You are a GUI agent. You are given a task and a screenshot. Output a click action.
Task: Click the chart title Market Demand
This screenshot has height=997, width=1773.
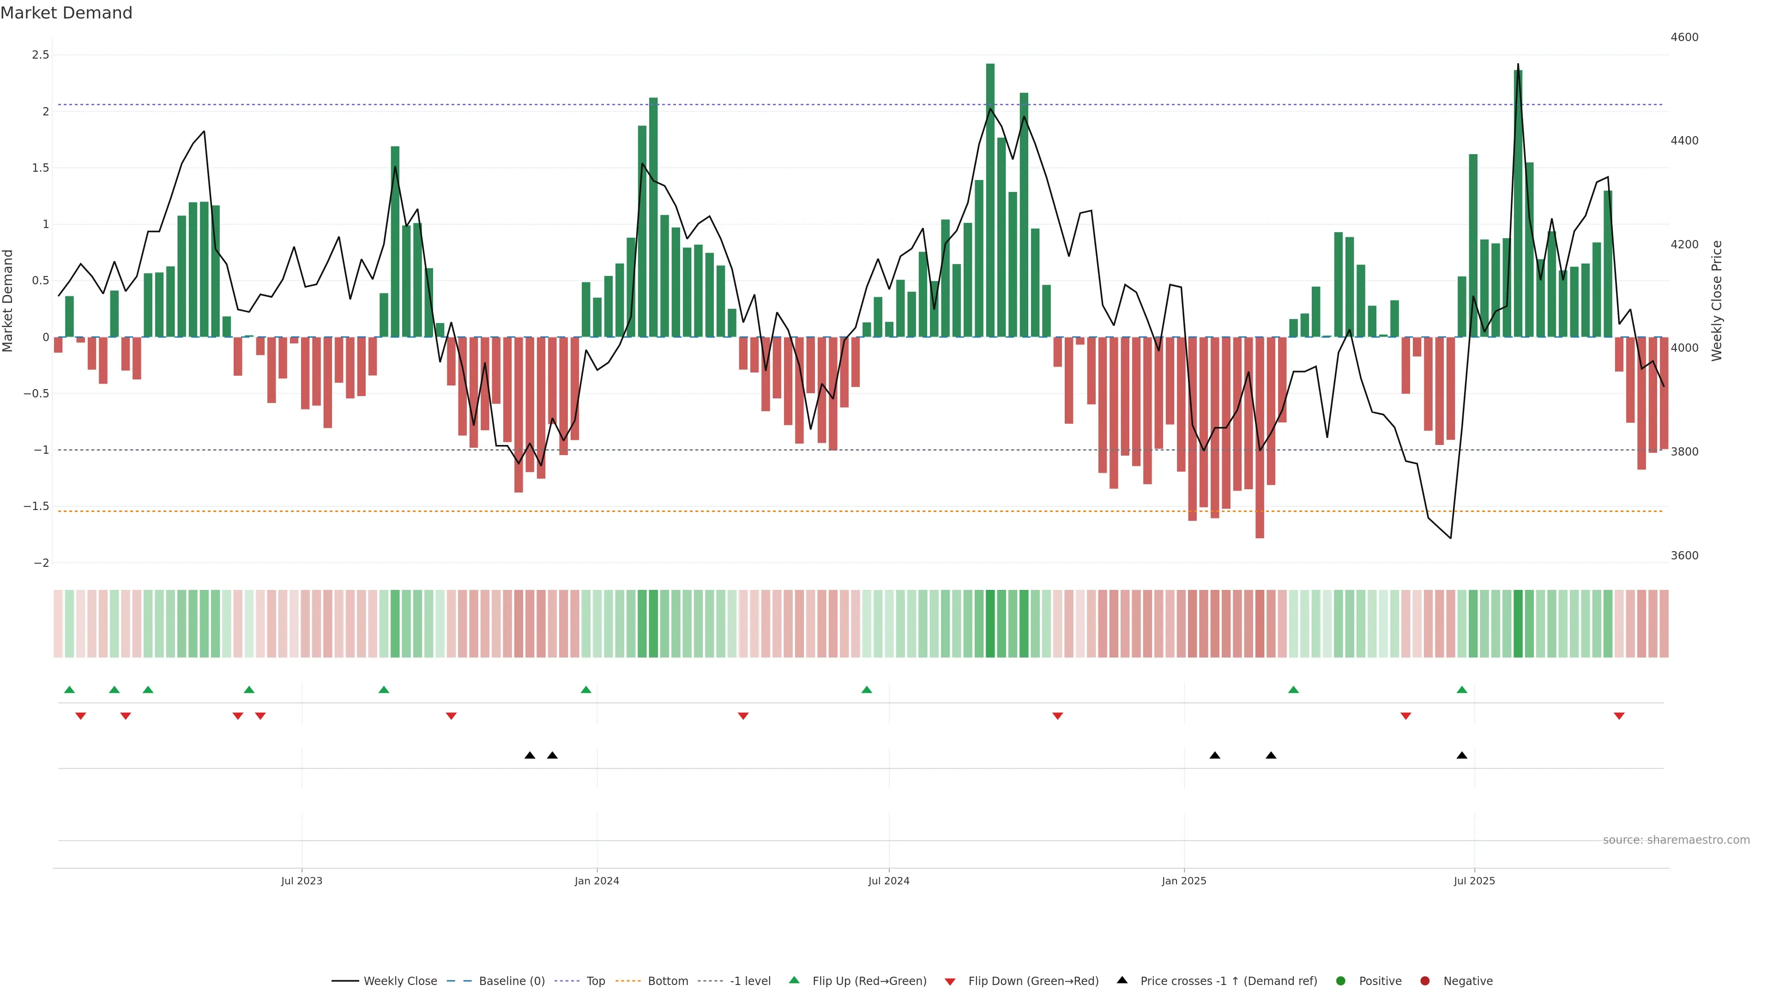pos(66,13)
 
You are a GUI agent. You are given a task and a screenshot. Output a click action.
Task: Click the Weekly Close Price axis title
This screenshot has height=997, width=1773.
pos(1717,300)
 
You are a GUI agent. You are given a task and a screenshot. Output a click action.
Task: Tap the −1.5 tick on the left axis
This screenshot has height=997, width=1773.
pos(36,506)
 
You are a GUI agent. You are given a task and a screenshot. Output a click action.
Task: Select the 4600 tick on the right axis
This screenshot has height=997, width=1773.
pos(1684,37)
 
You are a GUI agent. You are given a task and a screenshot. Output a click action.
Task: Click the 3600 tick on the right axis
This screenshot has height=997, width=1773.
pos(1684,555)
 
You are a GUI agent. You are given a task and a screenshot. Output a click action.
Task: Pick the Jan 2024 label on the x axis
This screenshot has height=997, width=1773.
pos(597,881)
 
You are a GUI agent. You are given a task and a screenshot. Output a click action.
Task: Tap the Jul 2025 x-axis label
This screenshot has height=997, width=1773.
pos(1474,881)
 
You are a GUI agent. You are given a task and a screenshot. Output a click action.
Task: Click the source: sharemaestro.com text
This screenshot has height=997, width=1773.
pos(1676,840)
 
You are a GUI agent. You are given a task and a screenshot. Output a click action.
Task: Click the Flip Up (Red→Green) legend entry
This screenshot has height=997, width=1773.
pos(868,981)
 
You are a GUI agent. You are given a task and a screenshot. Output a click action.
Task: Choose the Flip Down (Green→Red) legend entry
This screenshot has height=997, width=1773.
pos(1032,981)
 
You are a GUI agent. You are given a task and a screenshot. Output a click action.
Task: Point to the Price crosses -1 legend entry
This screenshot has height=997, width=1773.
pos(1228,981)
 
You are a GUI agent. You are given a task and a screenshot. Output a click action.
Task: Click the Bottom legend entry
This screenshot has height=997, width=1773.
pos(668,981)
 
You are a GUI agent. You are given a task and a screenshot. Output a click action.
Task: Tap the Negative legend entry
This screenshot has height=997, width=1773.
pos(1467,981)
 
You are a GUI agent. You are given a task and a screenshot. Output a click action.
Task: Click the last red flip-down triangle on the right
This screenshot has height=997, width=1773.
pos(1619,716)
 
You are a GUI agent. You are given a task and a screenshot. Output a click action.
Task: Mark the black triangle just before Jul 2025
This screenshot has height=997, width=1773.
pos(1462,756)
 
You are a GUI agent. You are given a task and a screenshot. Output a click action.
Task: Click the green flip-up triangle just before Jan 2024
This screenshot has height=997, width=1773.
pos(586,690)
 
